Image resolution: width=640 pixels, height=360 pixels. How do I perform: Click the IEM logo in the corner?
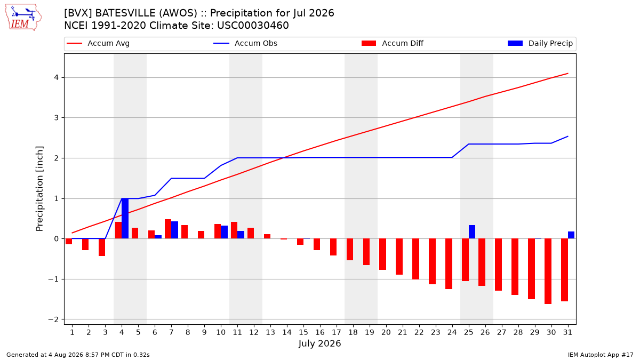pos(23,18)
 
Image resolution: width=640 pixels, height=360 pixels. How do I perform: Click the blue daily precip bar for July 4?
pos(125,218)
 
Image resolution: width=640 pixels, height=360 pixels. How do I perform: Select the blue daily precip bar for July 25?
pos(472,231)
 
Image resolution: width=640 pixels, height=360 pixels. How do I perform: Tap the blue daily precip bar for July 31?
pos(571,235)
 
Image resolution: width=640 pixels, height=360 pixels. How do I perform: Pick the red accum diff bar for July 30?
pos(548,271)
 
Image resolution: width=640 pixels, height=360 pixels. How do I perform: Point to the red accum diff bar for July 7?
pos(168,229)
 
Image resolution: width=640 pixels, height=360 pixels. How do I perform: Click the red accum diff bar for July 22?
pos(415,259)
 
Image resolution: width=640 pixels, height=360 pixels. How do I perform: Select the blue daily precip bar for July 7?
pos(174,230)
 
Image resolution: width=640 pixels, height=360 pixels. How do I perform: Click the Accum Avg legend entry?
pos(98,43)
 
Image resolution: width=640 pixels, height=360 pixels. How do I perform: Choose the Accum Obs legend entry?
pos(245,43)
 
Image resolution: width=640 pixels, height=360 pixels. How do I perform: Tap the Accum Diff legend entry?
pos(393,43)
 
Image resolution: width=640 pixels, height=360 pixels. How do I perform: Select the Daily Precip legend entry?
pos(540,43)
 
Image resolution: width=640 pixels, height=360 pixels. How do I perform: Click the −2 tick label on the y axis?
pos(53,319)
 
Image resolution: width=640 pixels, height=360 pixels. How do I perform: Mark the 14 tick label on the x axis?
pos(287,332)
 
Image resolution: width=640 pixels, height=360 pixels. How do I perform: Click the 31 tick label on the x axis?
pos(567,332)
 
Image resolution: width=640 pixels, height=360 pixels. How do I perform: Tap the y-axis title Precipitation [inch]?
pos(39,189)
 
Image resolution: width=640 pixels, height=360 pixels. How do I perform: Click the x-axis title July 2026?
pos(319,343)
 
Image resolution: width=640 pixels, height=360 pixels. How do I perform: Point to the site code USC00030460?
pos(253,26)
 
